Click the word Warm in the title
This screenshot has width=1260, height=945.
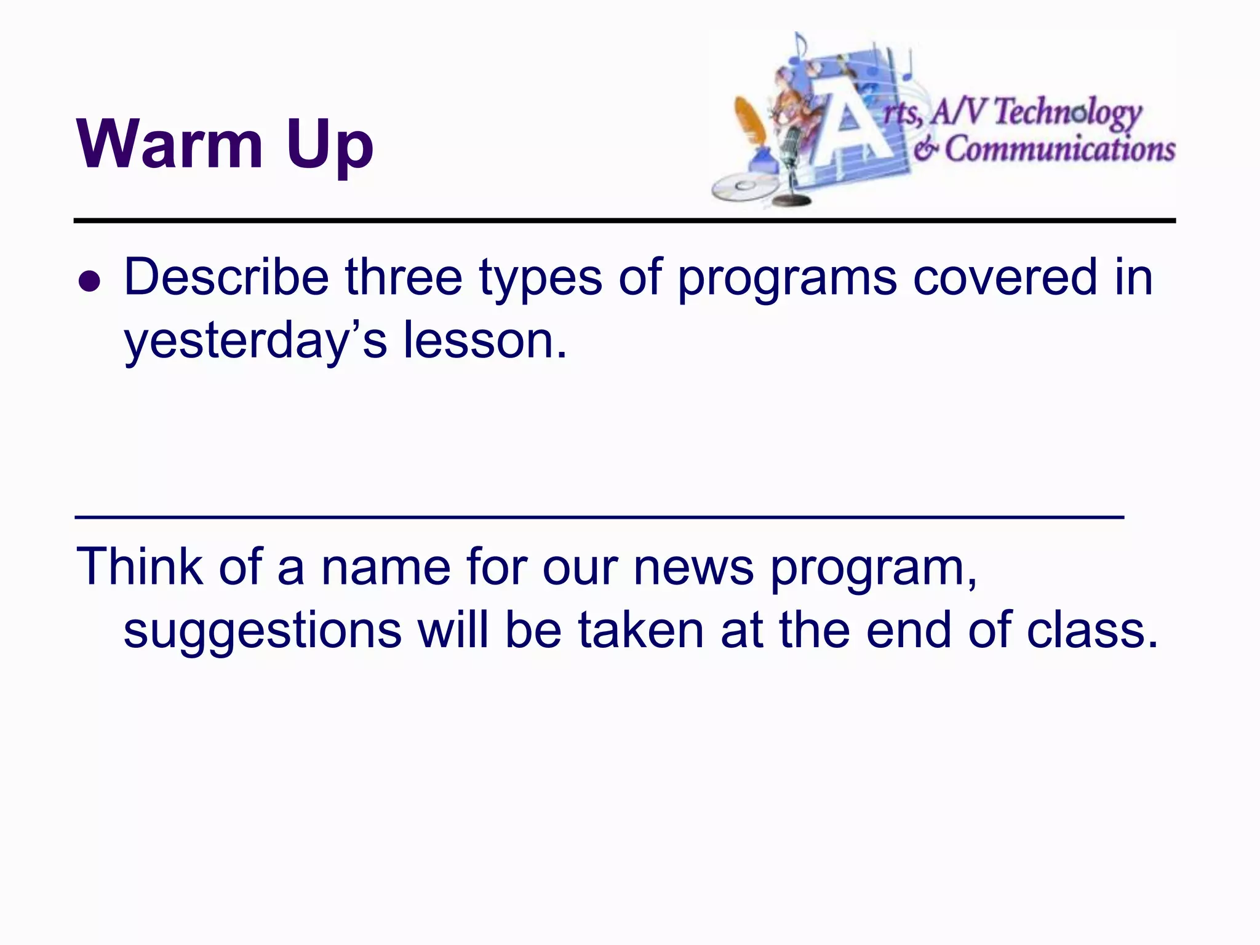click(x=169, y=145)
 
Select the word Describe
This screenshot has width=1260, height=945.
click(x=226, y=277)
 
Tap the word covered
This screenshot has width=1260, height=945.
click(x=1005, y=277)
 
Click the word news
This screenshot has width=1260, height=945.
click(x=693, y=567)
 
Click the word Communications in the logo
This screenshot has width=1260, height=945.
click(x=1059, y=150)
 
